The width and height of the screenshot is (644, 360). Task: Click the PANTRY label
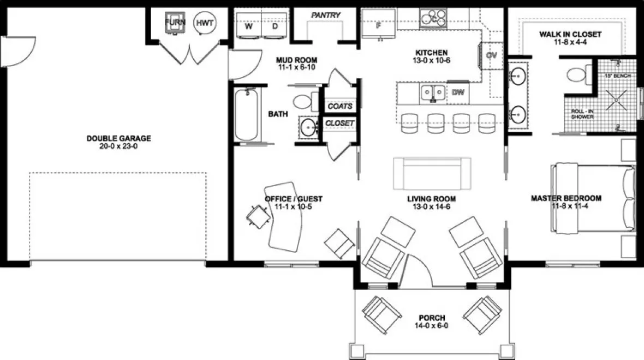tap(326, 15)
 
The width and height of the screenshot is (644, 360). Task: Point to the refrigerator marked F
tap(378, 25)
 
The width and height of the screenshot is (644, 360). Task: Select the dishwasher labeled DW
tap(458, 92)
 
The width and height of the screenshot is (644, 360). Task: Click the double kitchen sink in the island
tap(433, 93)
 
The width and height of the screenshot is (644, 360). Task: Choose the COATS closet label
tap(339, 106)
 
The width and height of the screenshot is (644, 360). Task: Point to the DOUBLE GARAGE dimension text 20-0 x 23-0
tap(118, 147)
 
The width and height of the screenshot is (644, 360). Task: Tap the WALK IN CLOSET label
tap(570, 34)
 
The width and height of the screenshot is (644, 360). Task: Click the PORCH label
tap(432, 318)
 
